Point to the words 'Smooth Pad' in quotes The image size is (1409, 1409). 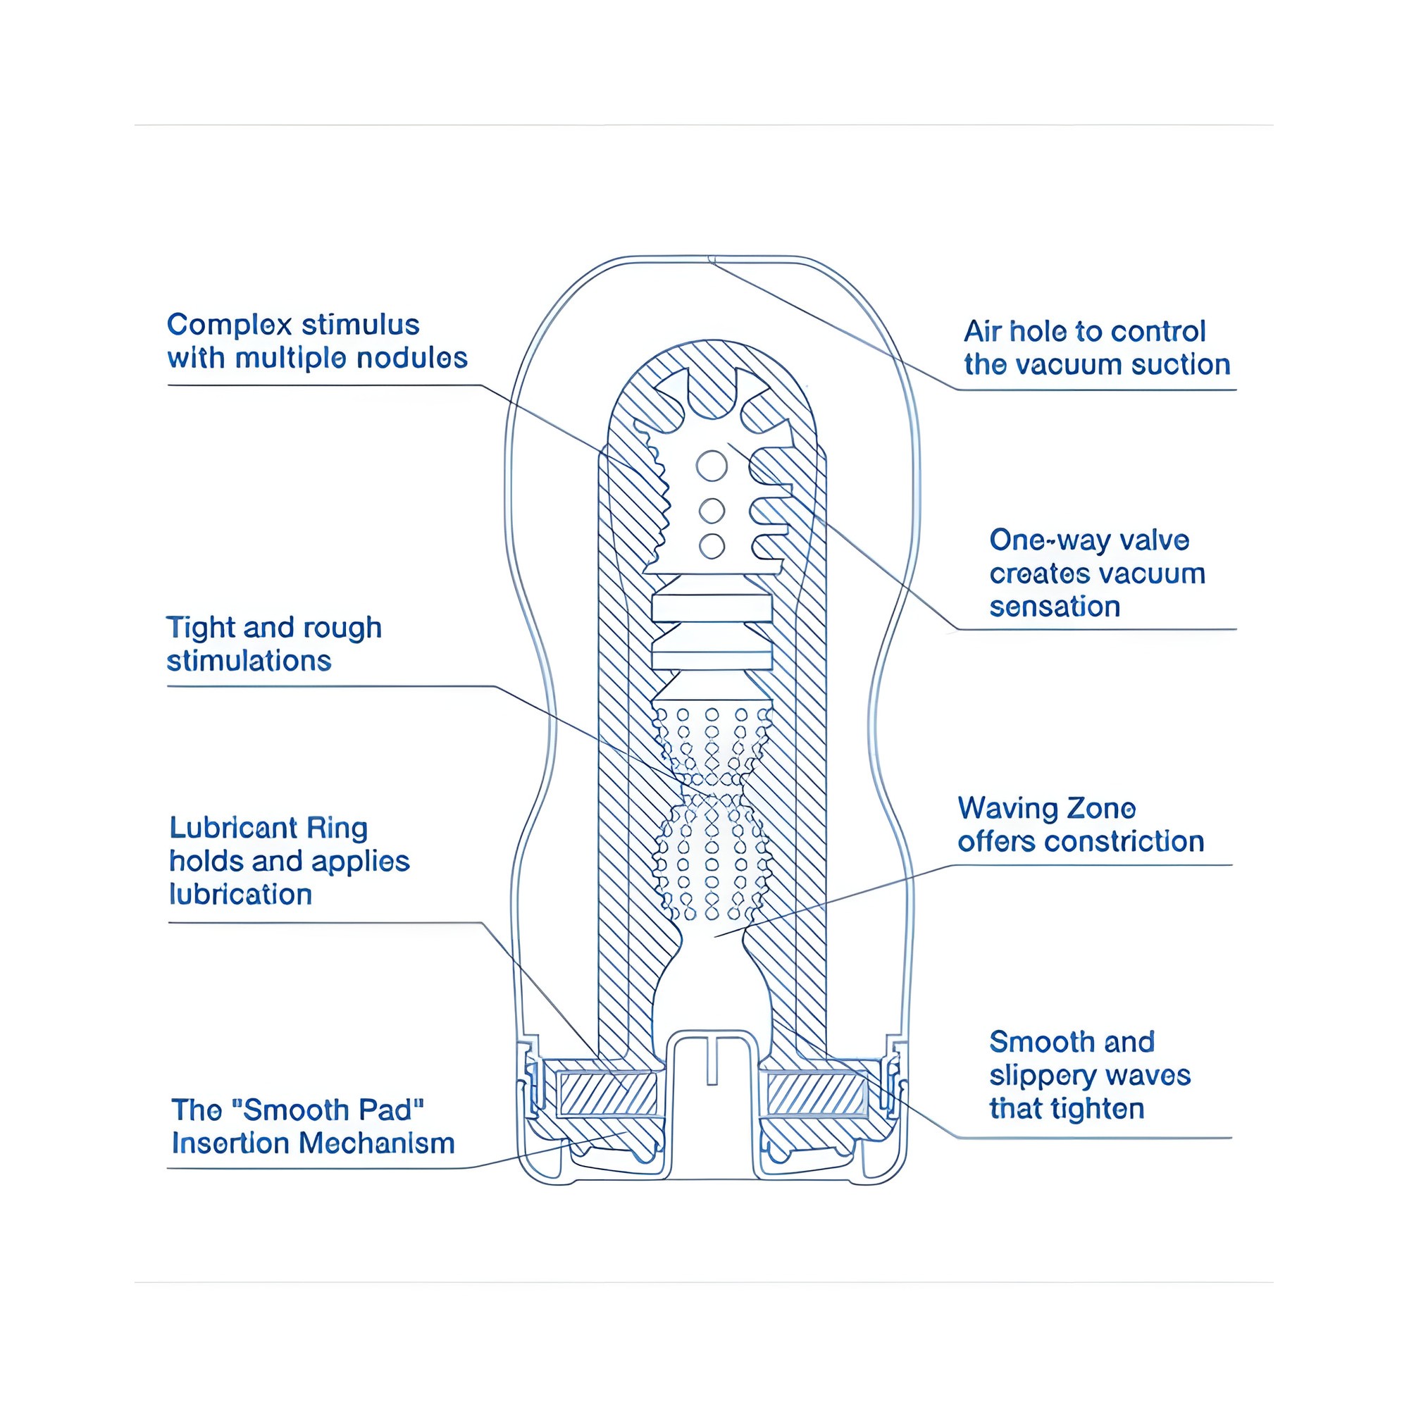[328, 1110]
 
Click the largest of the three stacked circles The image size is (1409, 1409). [712, 465]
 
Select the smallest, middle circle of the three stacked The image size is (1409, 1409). [712, 511]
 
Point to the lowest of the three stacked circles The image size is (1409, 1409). [712, 545]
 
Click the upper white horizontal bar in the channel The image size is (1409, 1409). [712, 607]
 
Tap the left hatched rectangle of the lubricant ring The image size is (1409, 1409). [607, 1094]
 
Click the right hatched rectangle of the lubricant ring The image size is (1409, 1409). [816, 1094]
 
